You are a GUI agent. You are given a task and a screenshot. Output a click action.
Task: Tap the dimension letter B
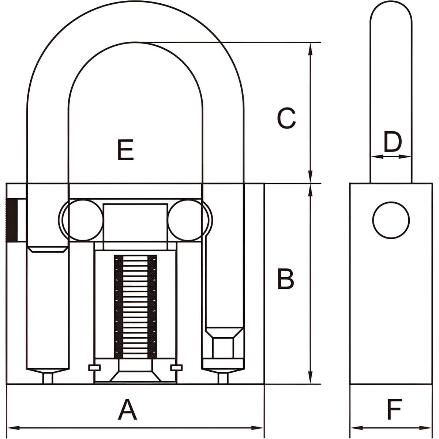pyautogui.click(x=285, y=279)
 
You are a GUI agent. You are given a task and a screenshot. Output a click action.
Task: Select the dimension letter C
pyautogui.click(x=286, y=118)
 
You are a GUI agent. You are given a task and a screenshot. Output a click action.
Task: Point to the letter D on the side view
pyautogui.click(x=393, y=142)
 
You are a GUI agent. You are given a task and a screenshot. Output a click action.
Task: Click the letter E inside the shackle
pyautogui.click(x=125, y=150)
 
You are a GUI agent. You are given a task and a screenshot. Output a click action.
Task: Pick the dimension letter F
pyautogui.click(x=394, y=410)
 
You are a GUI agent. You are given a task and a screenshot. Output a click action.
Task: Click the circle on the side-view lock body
pyautogui.click(x=391, y=220)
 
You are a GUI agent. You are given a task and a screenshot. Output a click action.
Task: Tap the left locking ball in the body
pyautogui.click(x=83, y=220)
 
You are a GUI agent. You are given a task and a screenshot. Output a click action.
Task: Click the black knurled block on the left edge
pyautogui.click(x=12, y=220)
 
